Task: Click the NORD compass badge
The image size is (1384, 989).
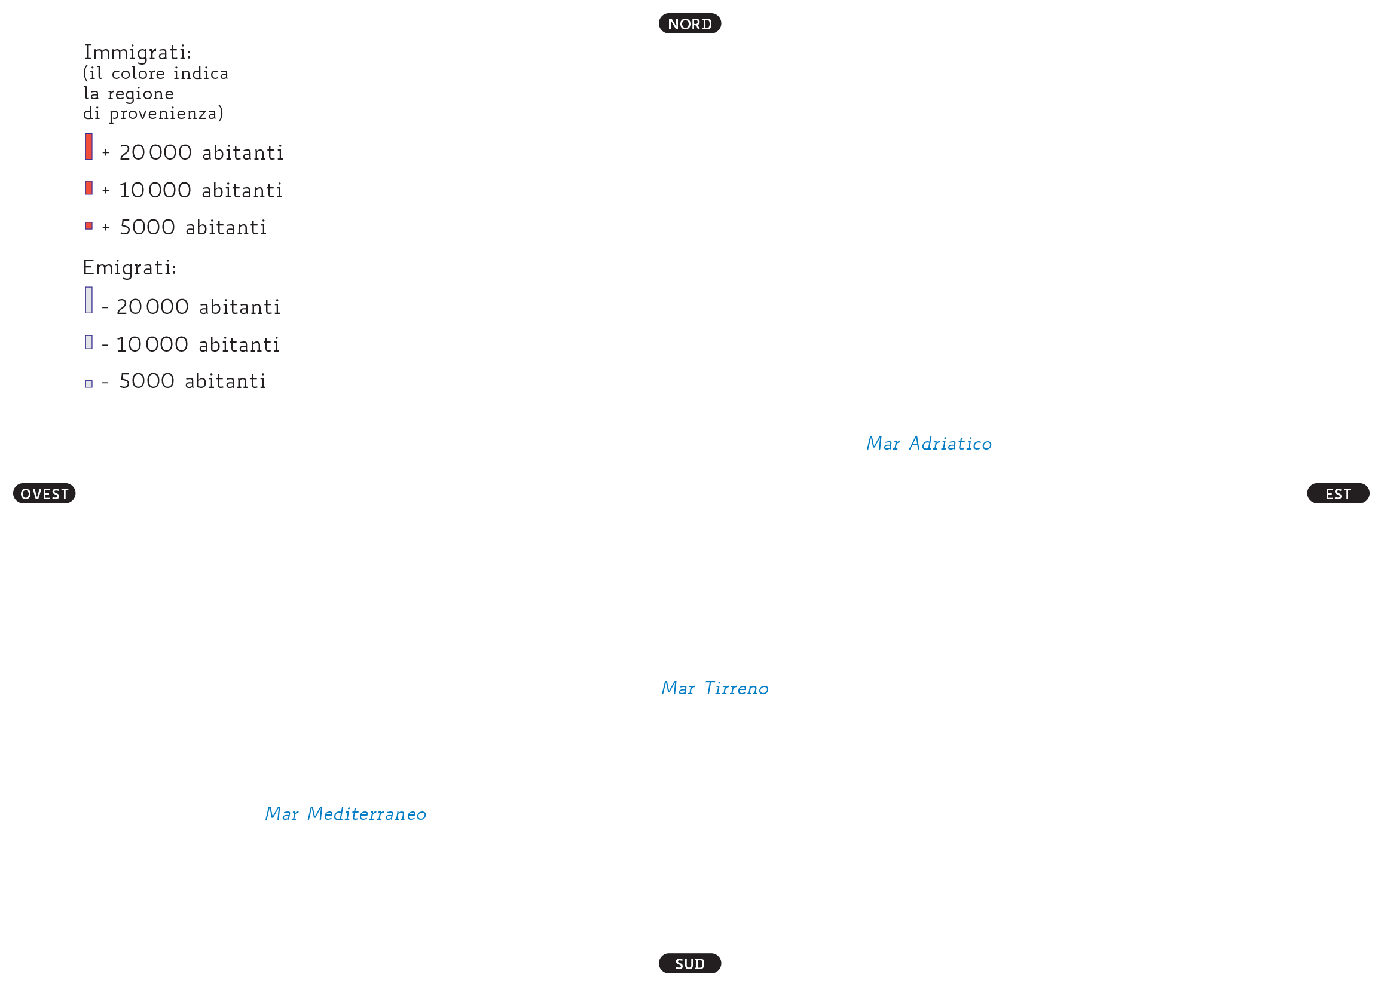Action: tap(690, 23)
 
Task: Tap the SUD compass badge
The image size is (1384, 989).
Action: tap(690, 963)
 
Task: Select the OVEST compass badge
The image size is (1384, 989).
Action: tap(44, 493)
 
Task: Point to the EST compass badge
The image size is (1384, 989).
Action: tap(1339, 493)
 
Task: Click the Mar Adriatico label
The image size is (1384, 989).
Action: tap(929, 443)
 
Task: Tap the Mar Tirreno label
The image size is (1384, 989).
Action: tap(715, 688)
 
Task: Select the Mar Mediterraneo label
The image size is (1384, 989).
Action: tap(345, 814)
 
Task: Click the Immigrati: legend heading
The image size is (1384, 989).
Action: tap(138, 53)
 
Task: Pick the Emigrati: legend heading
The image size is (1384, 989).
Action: tap(130, 268)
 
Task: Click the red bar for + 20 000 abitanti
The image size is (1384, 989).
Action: tap(89, 146)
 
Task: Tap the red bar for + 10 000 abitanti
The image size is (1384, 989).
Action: tap(89, 188)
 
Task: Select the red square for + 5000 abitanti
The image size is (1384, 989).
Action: tap(89, 226)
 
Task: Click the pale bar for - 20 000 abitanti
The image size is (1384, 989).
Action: tap(89, 300)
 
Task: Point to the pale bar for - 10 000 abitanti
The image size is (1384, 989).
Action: tap(89, 342)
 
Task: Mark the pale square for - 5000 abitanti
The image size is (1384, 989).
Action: tap(89, 384)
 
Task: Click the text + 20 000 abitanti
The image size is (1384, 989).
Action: tap(193, 152)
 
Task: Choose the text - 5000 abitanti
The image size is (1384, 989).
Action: tap(184, 381)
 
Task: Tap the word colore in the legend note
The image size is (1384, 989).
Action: tap(138, 73)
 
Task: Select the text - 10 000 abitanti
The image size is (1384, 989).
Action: tap(191, 344)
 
